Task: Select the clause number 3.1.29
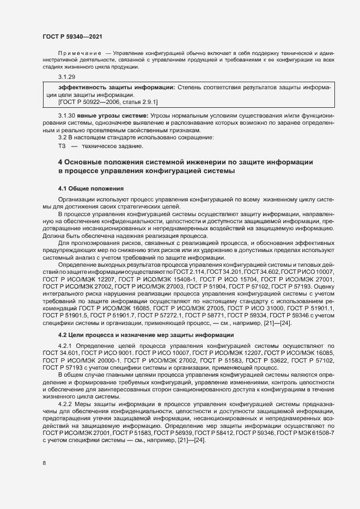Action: point(66,77)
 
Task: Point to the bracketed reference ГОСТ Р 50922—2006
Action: point(93,101)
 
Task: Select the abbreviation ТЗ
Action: point(62,146)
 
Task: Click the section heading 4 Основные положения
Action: point(185,162)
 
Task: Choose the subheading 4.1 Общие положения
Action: point(90,188)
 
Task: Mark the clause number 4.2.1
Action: point(66,346)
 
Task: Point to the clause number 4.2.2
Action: point(66,403)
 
